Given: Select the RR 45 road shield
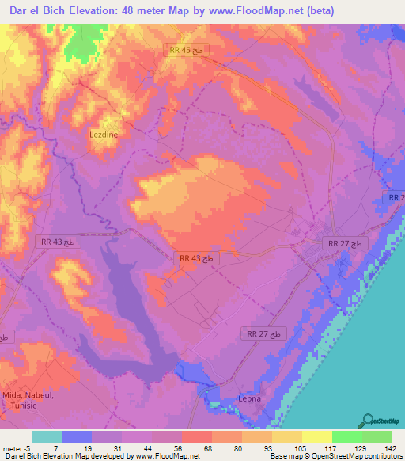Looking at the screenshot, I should pyautogui.click(x=187, y=49).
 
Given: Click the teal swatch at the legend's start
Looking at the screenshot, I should pyautogui.click(x=47, y=436).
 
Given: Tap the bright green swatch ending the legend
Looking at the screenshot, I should pyautogui.click(x=377, y=436).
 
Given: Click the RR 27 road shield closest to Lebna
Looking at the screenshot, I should pyautogui.click(x=263, y=335).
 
